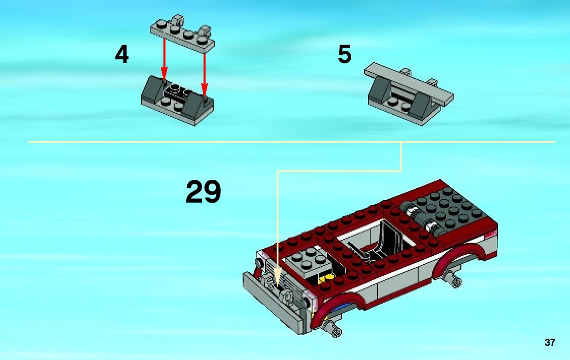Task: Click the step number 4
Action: click(x=122, y=54)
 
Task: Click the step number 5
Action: click(x=345, y=54)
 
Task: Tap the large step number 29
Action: click(x=203, y=191)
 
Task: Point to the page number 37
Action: click(x=550, y=342)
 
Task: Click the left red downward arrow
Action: click(x=164, y=59)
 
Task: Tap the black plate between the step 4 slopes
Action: click(x=178, y=92)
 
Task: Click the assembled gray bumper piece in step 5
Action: click(x=409, y=94)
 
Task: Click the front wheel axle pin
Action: click(x=332, y=329)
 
